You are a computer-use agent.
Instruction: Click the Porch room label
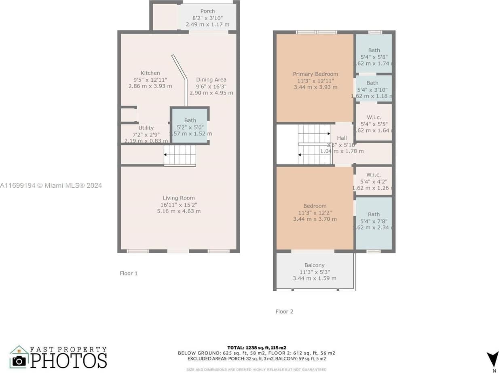coord(207,11)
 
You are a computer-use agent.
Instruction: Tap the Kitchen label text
coord(150,73)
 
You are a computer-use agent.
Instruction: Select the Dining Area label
coord(211,80)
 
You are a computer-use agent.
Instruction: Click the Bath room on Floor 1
coord(190,125)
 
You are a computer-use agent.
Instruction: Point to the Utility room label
coord(146,128)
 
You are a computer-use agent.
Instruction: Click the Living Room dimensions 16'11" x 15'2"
coord(179,205)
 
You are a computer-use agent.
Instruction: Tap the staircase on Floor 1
coord(180,155)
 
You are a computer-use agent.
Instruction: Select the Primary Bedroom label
coord(315,74)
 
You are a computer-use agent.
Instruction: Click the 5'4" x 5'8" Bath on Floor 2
coord(374,53)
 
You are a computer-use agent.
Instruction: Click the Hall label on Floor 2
coord(342,138)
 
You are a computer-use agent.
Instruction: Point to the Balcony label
coord(314,265)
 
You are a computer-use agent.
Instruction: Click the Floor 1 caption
coord(129,273)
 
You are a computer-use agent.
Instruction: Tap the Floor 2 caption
coord(284,311)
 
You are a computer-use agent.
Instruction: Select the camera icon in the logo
coord(19,360)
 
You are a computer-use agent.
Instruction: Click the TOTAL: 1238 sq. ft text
coord(256,347)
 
